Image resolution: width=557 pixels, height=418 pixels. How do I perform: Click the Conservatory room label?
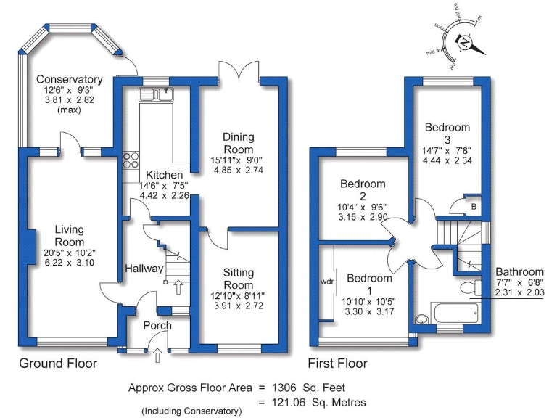(70, 79)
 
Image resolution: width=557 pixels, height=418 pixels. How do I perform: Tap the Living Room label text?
(70, 235)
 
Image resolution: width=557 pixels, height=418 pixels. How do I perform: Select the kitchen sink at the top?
(157, 93)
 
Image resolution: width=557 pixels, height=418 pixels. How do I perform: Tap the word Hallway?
(144, 269)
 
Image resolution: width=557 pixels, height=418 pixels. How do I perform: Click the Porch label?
(157, 326)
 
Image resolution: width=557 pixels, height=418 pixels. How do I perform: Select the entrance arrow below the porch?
(157, 356)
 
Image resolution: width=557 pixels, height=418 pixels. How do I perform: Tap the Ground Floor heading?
(57, 363)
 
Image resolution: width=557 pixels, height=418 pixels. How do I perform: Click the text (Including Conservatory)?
(191, 411)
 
